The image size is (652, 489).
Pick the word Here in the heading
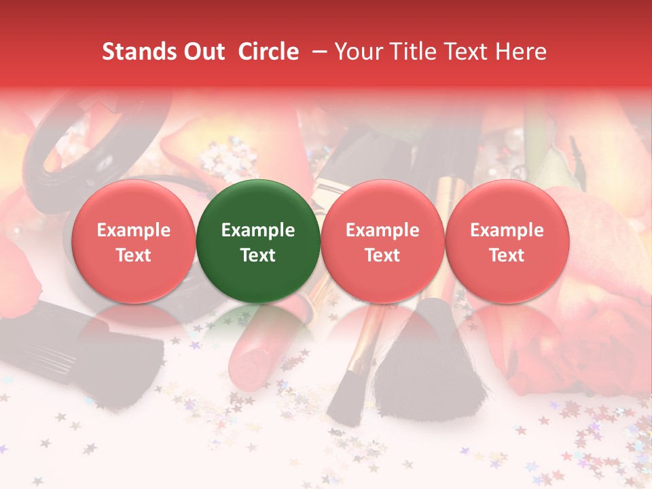(520, 52)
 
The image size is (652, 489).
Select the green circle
(258, 241)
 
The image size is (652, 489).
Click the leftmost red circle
(133, 241)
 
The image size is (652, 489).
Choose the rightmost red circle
(507, 241)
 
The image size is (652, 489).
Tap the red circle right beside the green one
(382, 241)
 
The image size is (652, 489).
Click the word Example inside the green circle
(258, 230)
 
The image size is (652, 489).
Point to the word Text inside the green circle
(258, 255)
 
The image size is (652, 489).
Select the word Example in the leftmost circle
(133, 230)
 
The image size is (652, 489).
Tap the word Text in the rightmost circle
(507, 255)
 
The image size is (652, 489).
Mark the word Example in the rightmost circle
(507, 230)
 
